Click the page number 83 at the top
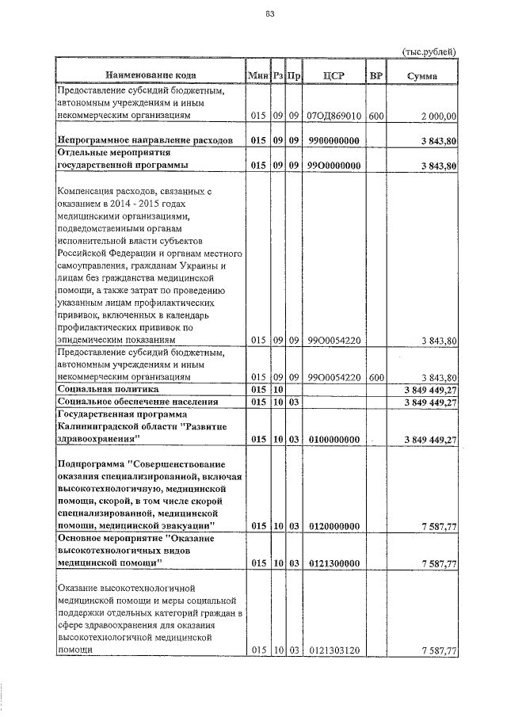pyautogui.click(x=270, y=14)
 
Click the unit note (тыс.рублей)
pyautogui.click(x=429, y=51)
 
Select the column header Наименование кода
pyautogui.click(x=150, y=75)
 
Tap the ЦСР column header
pyautogui.click(x=334, y=75)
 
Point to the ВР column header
pyautogui.click(x=376, y=75)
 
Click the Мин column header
pyautogui.click(x=258, y=75)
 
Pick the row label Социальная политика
pyautogui.click(x=108, y=390)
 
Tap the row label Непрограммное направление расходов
pyautogui.click(x=145, y=140)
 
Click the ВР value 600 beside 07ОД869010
pyautogui.click(x=376, y=116)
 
